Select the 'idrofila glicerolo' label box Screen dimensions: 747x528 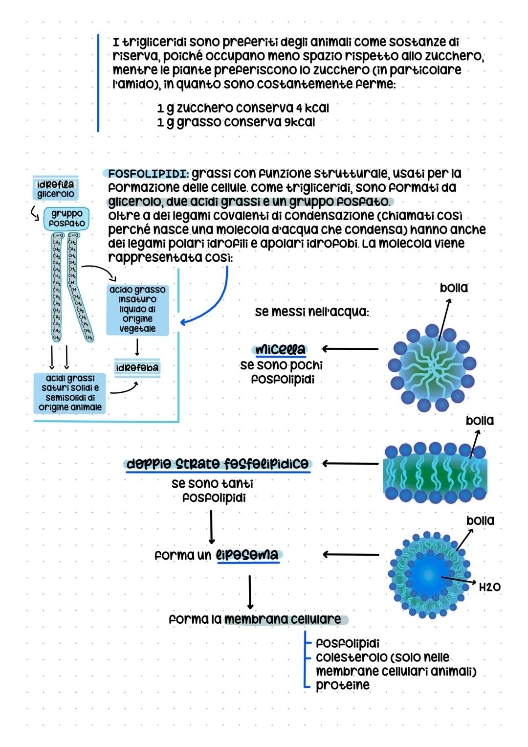pyautogui.click(x=56, y=189)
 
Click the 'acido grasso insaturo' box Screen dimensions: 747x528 pyautogui.click(x=137, y=309)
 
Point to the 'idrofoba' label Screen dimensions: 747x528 pyautogui.click(x=137, y=368)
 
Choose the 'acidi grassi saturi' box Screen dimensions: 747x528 pyautogui.click(x=70, y=392)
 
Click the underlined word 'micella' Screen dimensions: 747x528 pyautogui.click(x=280, y=350)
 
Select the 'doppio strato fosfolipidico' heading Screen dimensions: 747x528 pyautogui.click(x=218, y=464)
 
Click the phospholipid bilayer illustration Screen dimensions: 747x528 pyautogui.click(x=435, y=474)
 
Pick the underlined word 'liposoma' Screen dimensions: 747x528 pyautogui.click(x=247, y=555)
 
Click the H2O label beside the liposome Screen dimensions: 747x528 pyautogui.click(x=489, y=587)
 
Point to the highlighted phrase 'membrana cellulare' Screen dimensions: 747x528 pyautogui.click(x=283, y=619)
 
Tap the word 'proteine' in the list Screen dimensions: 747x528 pyautogui.click(x=343, y=685)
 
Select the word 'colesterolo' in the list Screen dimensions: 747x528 pyautogui.click(x=348, y=657)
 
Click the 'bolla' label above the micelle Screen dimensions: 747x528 pyautogui.click(x=454, y=288)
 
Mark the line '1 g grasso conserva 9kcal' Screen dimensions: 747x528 pyautogui.click(x=236, y=122)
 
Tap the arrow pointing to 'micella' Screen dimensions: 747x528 pyautogui.click(x=350, y=349)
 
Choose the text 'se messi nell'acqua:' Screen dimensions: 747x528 pyautogui.click(x=312, y=312)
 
